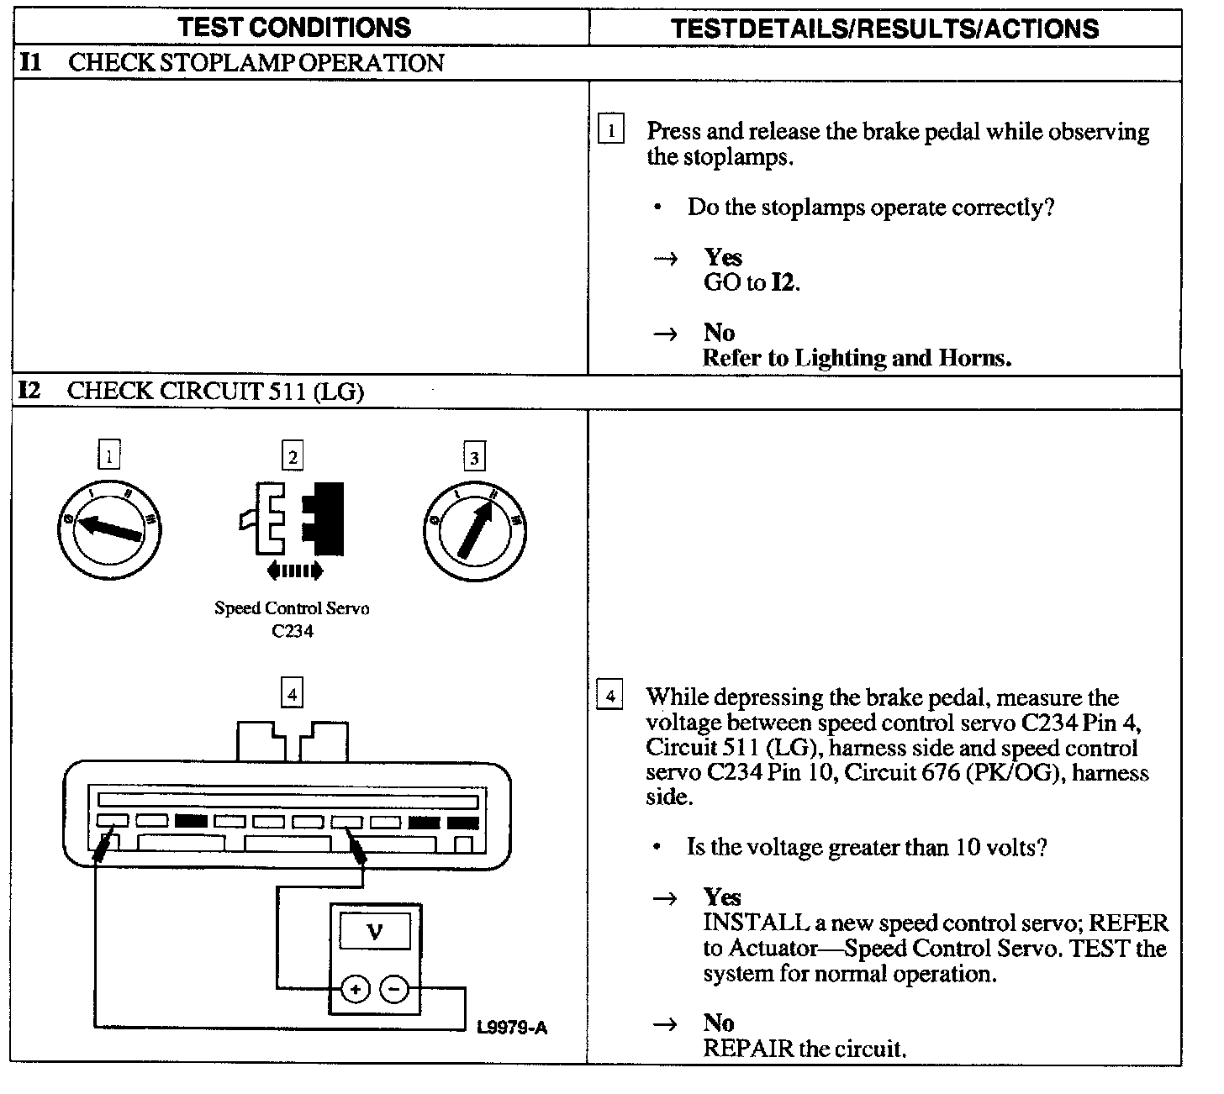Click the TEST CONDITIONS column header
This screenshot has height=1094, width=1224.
point(295,28)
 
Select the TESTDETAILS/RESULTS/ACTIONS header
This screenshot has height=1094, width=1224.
point(885,29)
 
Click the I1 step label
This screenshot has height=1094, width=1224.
point(30,62)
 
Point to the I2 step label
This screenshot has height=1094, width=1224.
point(29,391)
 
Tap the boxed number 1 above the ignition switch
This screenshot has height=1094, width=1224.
point(109,456)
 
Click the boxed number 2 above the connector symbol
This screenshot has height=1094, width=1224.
point(292,456)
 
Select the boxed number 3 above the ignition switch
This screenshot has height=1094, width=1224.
point(474,457)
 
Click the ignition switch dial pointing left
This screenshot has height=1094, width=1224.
point(109,529)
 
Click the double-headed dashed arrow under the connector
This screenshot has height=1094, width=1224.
point(293,571)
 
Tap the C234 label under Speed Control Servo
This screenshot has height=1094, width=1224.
point(293,631)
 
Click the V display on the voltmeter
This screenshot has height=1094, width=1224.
point(375,932)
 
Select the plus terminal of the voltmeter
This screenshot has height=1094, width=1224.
point(356,990)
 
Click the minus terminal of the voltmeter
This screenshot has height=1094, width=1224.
point(394,990)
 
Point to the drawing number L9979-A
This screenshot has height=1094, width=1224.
point(511,1027)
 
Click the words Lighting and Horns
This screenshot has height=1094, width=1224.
point(902,359)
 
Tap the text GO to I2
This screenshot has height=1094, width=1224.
point(752,282)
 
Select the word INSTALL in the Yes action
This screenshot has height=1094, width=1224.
point(756,923)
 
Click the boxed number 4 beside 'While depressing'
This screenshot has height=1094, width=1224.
point(609,697)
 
